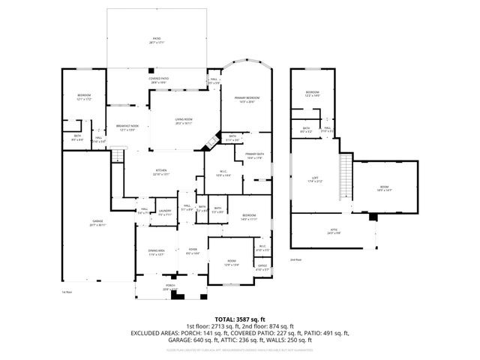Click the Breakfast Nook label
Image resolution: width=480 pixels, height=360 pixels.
pos(127,127)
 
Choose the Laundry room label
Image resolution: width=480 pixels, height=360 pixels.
pos(165,212)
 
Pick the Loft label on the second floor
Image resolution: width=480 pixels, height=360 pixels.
pos(315,179)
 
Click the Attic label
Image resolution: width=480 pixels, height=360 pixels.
pos(334,231)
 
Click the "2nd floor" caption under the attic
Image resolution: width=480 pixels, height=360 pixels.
pos(296,259)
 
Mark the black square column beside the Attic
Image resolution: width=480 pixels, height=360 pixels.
pos(373,217)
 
